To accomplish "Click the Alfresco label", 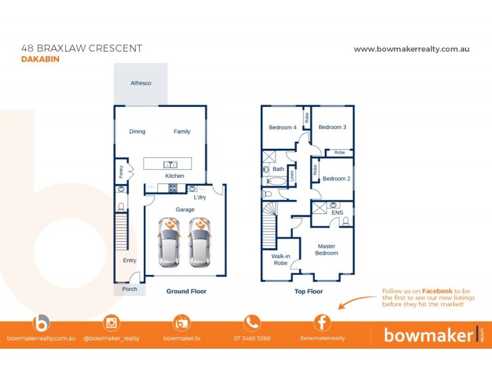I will (140, 83).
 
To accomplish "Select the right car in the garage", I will (199, 242).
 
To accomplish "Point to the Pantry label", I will (121, 170).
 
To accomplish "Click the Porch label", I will (129, 289).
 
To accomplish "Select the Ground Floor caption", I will (186, 292).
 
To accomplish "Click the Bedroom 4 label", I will (282, 127).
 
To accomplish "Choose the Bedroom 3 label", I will (332, 127).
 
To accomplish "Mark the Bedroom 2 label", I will (336, 179).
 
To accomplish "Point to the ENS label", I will (336, 213).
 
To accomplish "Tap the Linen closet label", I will (292, 175).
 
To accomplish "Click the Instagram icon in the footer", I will (111, 322).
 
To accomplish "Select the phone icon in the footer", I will (252, 322).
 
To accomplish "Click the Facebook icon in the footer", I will (322, 322).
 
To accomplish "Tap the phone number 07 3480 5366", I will (252, 338).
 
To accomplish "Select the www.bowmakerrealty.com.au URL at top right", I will (411, 49).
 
